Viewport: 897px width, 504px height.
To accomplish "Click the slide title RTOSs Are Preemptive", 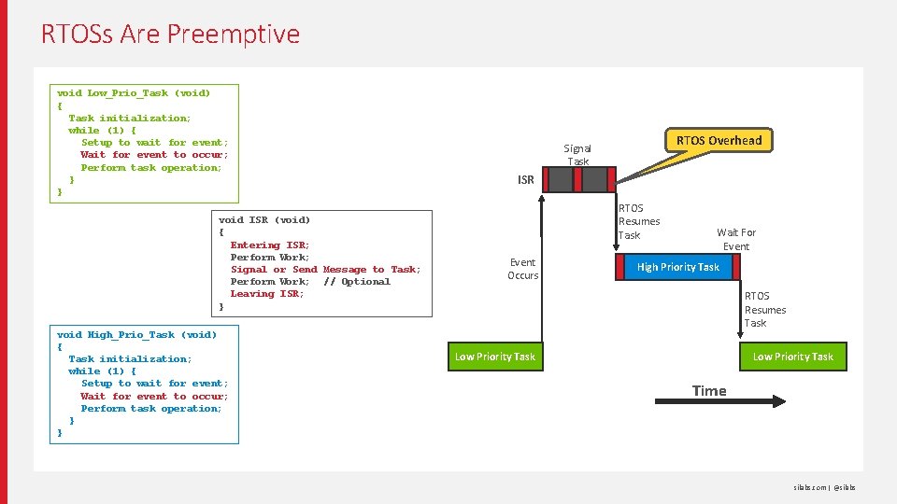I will (170, 35).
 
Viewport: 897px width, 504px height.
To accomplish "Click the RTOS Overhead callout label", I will (719, 141).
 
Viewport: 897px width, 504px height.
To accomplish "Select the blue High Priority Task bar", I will (678, 268).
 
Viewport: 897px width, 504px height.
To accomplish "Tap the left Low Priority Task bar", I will (495, 357).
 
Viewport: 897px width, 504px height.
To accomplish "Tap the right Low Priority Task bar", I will (792, 357).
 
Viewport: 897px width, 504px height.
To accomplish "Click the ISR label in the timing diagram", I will (526, 180).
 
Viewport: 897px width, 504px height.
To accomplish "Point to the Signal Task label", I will (577, 155).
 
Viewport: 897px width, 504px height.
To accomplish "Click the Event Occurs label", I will (523, 269).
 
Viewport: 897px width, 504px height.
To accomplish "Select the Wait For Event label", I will (735, 239).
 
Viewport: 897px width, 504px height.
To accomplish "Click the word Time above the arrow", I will (709, 391).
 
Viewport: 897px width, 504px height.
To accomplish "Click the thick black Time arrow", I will (719, 402).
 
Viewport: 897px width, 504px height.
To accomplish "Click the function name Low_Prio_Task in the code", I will (128, 93).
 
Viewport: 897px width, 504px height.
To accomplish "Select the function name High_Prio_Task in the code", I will (131, 334).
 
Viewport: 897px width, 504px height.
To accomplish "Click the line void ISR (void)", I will (264, 220).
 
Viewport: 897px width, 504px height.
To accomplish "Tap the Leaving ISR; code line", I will (267, 294).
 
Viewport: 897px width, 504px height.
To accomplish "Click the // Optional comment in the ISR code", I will (357, 282).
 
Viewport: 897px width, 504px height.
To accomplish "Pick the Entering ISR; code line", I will (270, 245).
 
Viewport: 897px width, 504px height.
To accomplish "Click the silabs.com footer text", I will (808, 487).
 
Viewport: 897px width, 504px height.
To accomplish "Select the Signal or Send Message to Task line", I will (325, 270).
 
